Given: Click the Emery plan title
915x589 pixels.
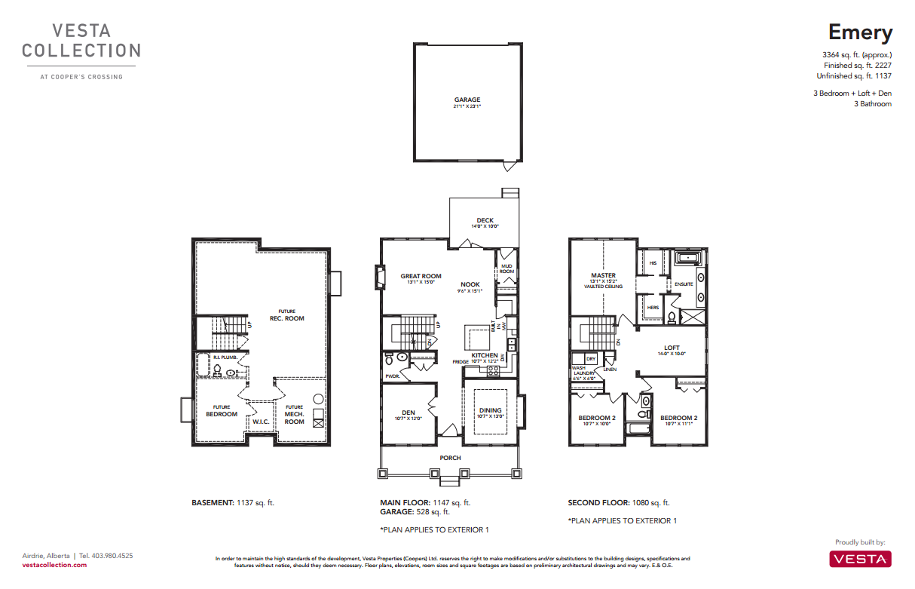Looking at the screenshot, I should [860, 32].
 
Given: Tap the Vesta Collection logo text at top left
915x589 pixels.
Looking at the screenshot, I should [81, 41].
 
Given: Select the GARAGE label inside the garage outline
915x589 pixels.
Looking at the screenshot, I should [467, 100].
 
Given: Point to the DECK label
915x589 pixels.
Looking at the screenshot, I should [485, 221].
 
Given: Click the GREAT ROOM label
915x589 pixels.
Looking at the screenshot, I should [421, 276].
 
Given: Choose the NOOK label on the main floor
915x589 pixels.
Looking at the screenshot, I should [470, 284].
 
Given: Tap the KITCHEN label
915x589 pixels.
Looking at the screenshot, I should [485, 355].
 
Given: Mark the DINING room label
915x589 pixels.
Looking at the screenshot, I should [490, 411].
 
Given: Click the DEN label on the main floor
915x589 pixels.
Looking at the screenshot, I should [409, 413].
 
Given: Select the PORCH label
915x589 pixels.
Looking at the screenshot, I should [450, 458].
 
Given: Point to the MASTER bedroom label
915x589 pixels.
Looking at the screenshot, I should [603, 276].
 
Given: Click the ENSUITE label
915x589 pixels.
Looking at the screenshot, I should [684, 284].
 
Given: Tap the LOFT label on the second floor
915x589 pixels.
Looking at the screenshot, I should [672, 348].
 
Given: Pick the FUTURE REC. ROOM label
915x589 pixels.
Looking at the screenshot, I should [286, 314].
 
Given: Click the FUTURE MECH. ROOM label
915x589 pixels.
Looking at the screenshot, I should [294, 414].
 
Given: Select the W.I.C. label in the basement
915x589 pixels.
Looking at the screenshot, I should [261, 422].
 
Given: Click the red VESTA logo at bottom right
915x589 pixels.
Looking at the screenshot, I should [860, 558].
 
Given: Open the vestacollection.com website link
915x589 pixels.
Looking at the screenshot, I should [54, 564].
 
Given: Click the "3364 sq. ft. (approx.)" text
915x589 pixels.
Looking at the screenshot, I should [857, 55].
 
